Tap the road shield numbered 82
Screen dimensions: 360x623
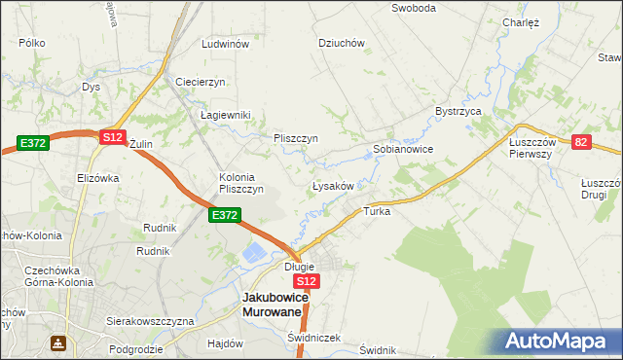click(x=581, y=142)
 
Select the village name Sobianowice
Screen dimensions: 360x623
click(x=403, y=150)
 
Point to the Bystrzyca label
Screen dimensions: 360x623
click(x=459, y=112)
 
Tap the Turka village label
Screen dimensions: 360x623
click(x=377, y=211)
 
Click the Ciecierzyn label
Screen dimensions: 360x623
click(x=201, y=81)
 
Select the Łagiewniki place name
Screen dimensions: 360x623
click(x=226, y=115)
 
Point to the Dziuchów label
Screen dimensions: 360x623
click(x=342, y=43)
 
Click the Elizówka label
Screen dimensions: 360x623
click(x=97, y=178)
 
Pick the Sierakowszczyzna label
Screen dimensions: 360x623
click(x=151, y=320)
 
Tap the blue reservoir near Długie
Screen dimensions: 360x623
click(x=253, y=254)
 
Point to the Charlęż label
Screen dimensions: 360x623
click(x=521, y=22)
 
